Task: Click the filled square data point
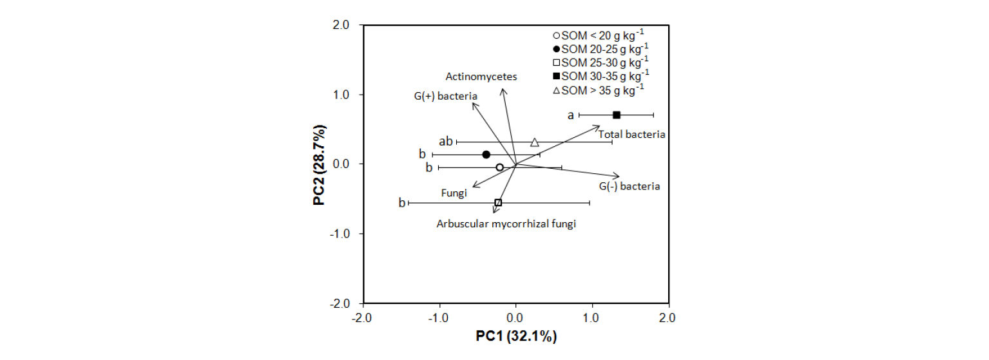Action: pos(617,115)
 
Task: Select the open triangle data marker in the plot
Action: pos(535,142)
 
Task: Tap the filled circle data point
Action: pos(486,155)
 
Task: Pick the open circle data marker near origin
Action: pos(499,167)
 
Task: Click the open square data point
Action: pos(498,202)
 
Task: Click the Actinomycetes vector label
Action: pos(481,76)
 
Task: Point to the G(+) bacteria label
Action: pos(445,97)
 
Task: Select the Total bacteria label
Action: pos(631,135)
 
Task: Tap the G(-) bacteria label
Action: pos(629,187)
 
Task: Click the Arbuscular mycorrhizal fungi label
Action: pos(506,224)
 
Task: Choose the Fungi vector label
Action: pos(454,193)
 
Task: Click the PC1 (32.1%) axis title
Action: pos(516,336)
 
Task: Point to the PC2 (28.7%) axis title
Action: pos(320,164)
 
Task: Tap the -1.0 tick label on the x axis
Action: pos(439,317)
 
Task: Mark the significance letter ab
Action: pos(445,141)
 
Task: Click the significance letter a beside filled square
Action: pos(570,115)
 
